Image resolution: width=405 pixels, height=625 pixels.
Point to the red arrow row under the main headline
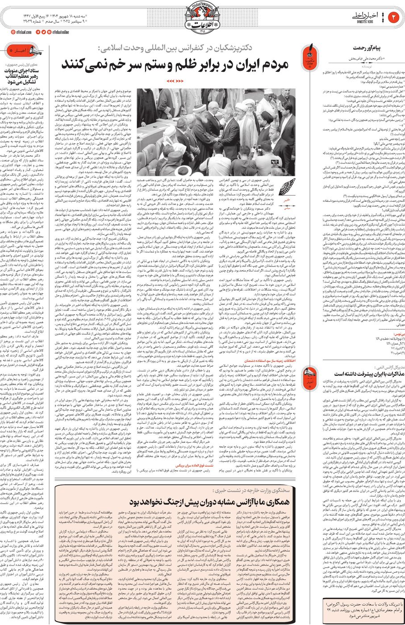[x=175, y=81]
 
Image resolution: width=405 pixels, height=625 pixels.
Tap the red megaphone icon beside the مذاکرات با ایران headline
[x=310, y=374]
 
